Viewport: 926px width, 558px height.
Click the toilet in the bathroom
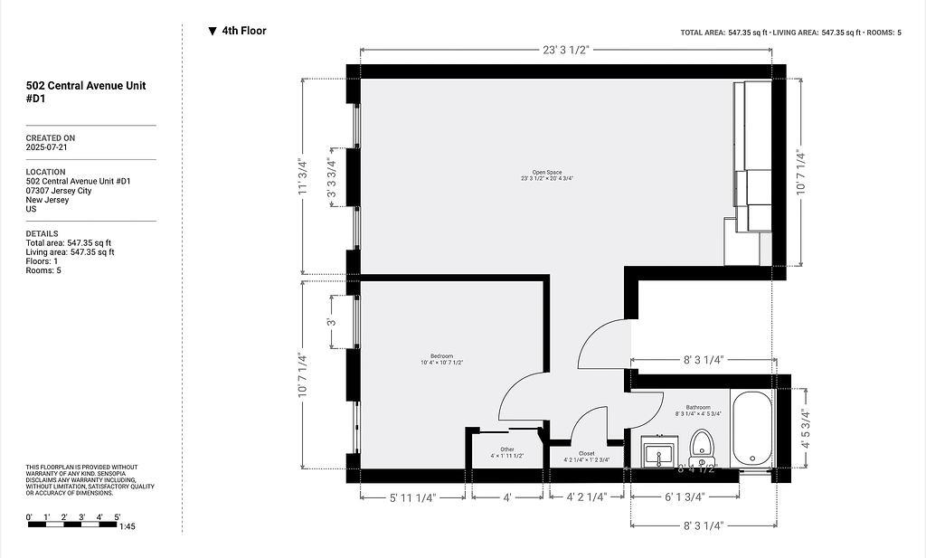(702, 445)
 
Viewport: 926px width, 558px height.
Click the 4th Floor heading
(243, 31)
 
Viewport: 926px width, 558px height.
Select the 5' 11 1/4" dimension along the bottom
(413, 497)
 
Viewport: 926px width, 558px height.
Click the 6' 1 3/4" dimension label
(685, 497)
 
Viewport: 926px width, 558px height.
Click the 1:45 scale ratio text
(127, 526)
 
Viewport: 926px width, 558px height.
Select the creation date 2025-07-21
(46, 147)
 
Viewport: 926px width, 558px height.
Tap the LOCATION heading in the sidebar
(45, 172)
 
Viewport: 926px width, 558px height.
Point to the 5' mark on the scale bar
(118, 517)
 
